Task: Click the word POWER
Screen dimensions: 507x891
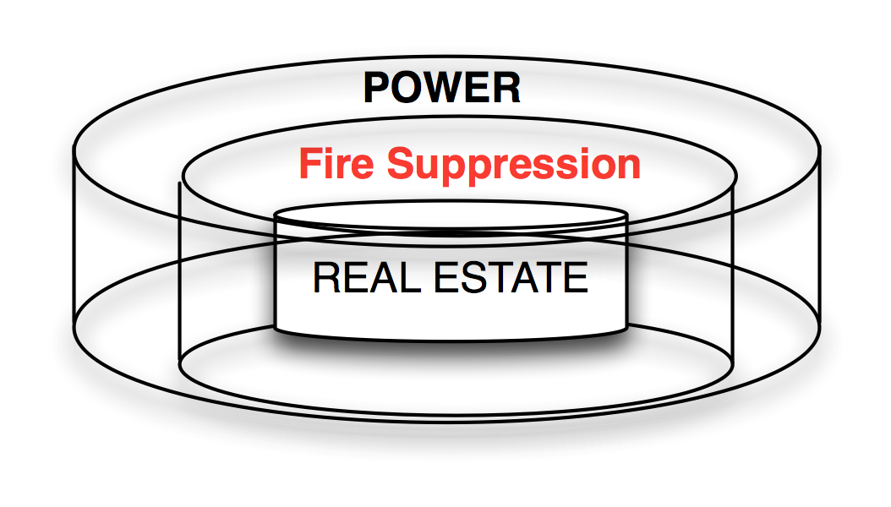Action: pyautogui.click(x=442, y=88)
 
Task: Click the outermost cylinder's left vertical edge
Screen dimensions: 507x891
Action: pyautogui.click(x=74, y=245)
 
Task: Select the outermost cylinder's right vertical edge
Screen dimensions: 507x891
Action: pyautogui.click(x=818, y=245)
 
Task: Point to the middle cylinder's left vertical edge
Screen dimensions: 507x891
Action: pyautogui.click(x=179, y=279)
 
